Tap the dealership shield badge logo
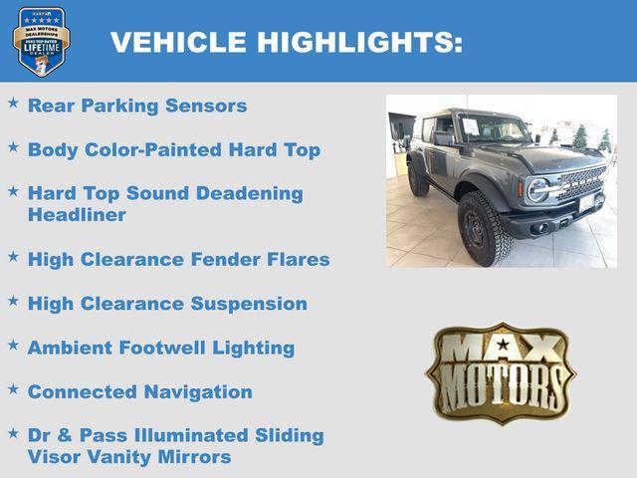point(41,41)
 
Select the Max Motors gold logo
point(501,371)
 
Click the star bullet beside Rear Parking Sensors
point(13,103)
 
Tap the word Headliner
point(77,215)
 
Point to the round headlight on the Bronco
point(537,189)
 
